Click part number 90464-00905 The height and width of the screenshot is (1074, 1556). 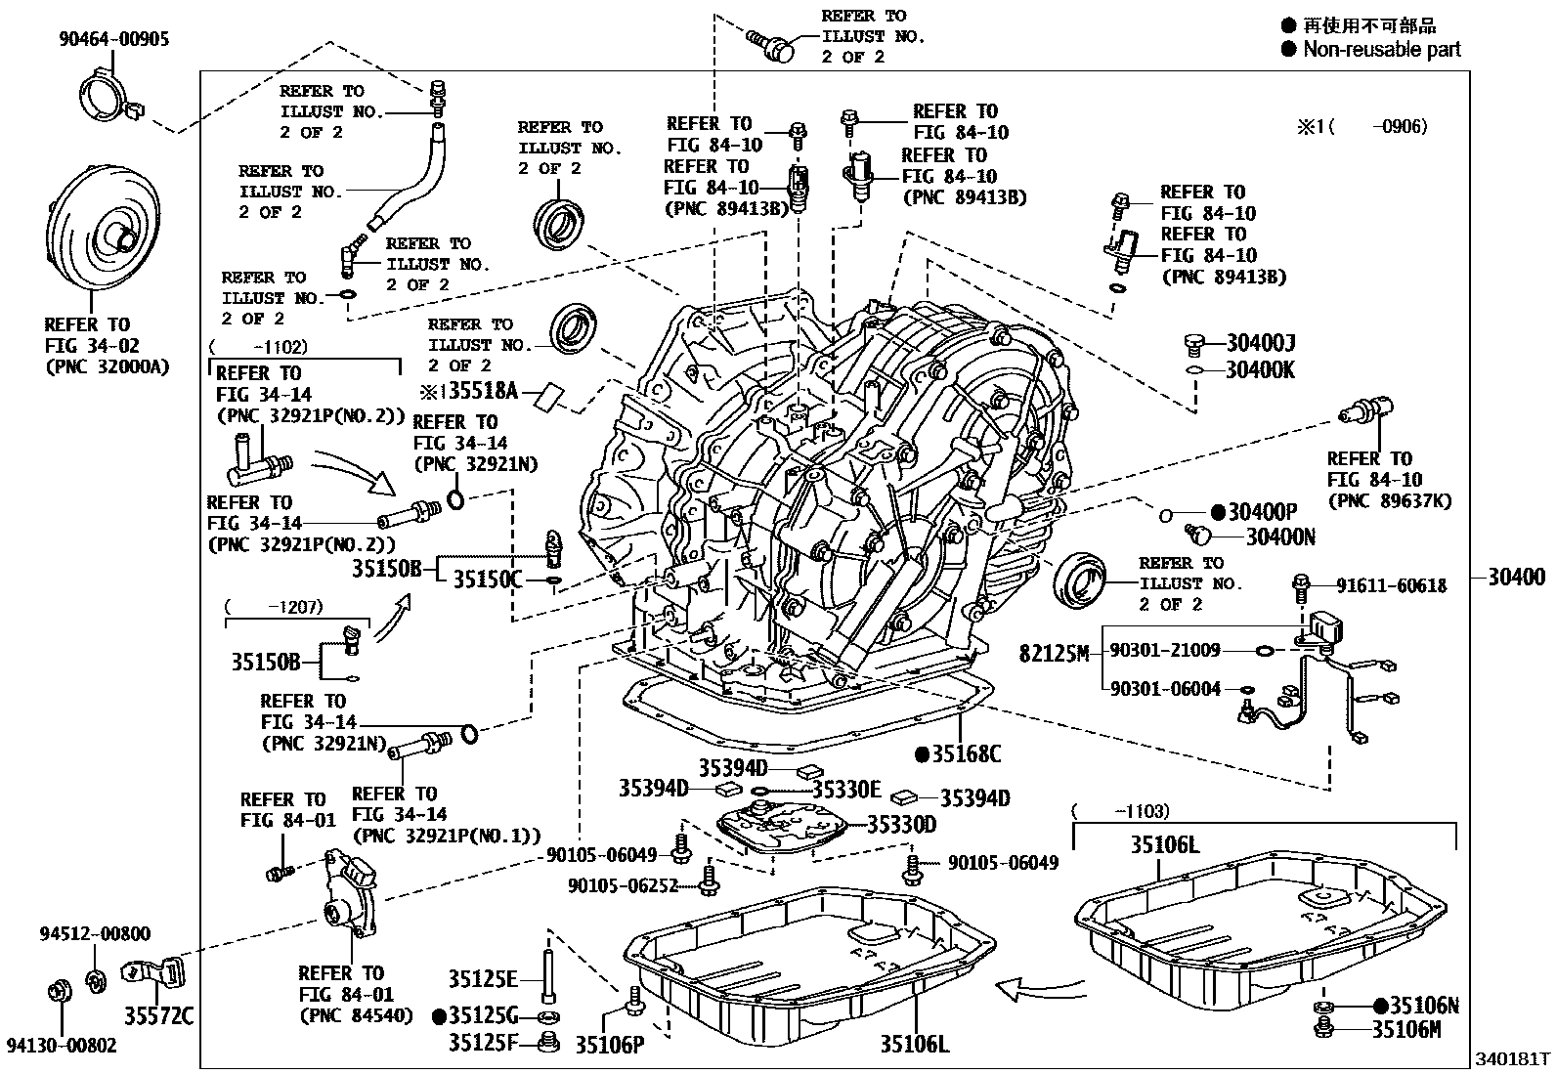[112, 39]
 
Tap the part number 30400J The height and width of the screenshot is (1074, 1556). [1260, 343]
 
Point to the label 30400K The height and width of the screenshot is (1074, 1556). [1260, 370]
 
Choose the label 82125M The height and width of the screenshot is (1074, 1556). [1053, 653]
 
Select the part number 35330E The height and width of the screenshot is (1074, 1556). [846, 790]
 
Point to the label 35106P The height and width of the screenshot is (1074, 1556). [609, 1046]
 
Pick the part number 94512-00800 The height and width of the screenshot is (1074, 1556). [96, 933]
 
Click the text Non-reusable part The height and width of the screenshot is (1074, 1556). [1381, 49]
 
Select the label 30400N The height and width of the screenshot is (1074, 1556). [1280, 537]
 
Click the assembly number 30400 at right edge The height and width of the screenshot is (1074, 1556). [1517, 577]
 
